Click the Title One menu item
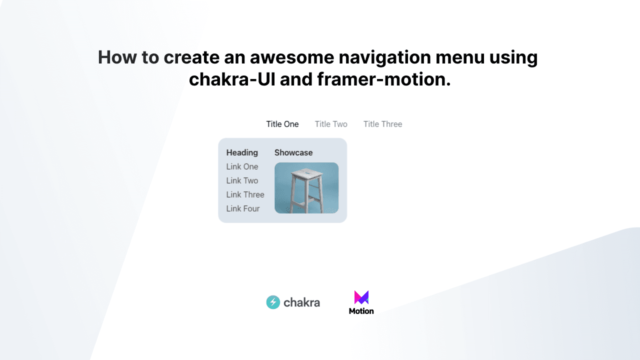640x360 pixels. [x=282, y=124]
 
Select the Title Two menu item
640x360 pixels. [x=330, y=124]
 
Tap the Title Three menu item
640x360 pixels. [x=382, y=124]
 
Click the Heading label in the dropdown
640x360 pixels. [x=242, y=152]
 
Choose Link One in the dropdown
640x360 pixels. [x=242, y=166]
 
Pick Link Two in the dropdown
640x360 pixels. [x=242, y=180]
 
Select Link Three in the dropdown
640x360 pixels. [x=245, y=194]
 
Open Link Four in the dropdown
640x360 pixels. [x=242, y=208]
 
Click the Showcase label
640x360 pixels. [x=293, y=152]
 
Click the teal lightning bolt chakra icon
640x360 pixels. [x=273, y=302]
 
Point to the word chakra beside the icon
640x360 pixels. [x=301, y=302]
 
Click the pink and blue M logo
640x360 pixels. [x=361, y=297]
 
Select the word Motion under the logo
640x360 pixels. [x=361, y=311]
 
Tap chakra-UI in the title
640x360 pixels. [x=231, y=79]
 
